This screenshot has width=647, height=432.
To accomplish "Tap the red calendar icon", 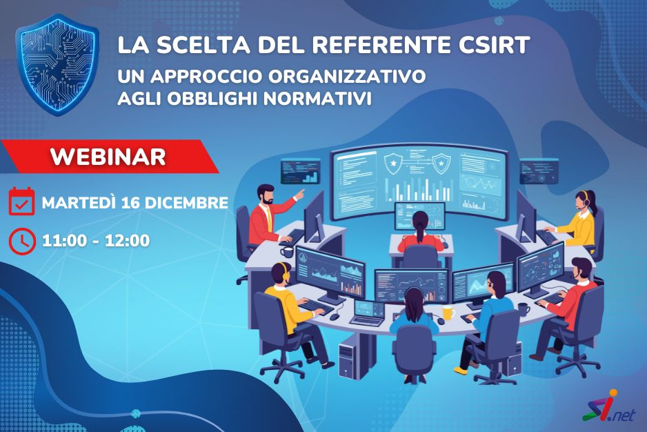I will [x=22, y=202].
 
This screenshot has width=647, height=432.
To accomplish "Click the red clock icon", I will [x=22, y=240].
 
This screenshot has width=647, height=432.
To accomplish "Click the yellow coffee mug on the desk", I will [x=448, y=313].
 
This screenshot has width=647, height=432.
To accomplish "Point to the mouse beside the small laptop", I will [x=335, y=317].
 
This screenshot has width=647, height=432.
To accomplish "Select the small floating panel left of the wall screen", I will [x=300, y=170].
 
